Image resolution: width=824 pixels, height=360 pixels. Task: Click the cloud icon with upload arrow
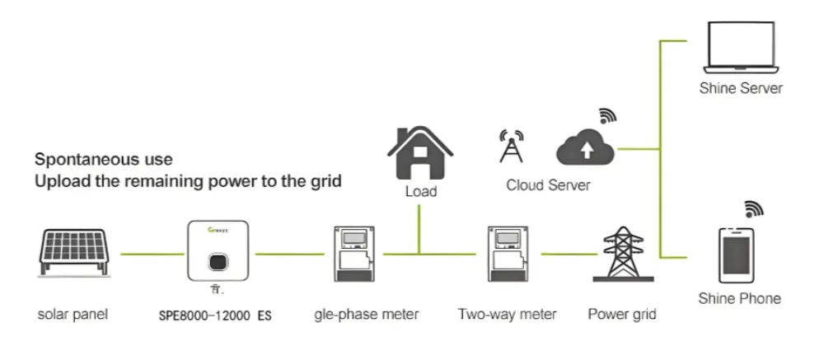(x=586, y=148)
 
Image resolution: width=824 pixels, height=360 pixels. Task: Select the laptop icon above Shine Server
(x=739, y=48)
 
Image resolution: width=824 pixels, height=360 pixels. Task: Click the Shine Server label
(x=740, y=88)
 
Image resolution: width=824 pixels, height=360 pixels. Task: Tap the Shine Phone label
(x=739, y=298)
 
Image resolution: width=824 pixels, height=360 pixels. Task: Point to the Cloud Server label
(x=548, y=185)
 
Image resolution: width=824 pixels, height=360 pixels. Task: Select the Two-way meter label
(x=507, y=314)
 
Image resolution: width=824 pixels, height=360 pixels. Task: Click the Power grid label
(x=622, y=314)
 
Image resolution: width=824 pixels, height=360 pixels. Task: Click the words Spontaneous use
(x=103, y=159)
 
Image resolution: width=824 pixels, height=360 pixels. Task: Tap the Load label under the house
(x=420, y=192)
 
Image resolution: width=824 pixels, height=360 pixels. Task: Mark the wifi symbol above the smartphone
(x=754, y=208)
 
